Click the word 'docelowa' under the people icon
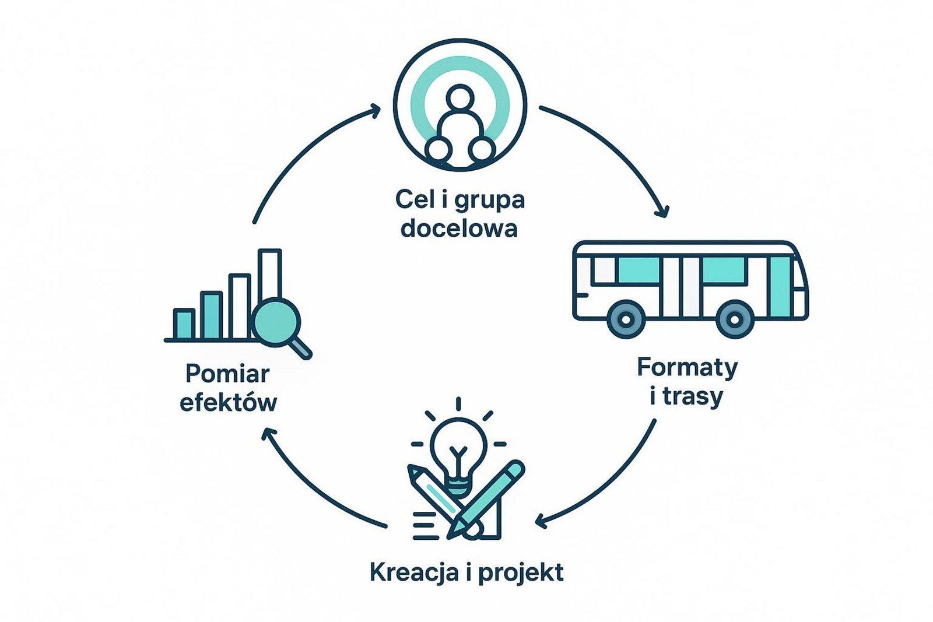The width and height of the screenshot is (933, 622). [459, 228]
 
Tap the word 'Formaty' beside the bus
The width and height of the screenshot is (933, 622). [687, 368]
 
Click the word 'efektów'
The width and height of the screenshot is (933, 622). [228, 402]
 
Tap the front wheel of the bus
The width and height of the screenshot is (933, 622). [735, 319]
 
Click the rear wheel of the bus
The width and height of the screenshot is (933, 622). [625, 319]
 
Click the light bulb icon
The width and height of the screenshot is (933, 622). [458, 449]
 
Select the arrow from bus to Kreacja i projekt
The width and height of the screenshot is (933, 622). [606, 484]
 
